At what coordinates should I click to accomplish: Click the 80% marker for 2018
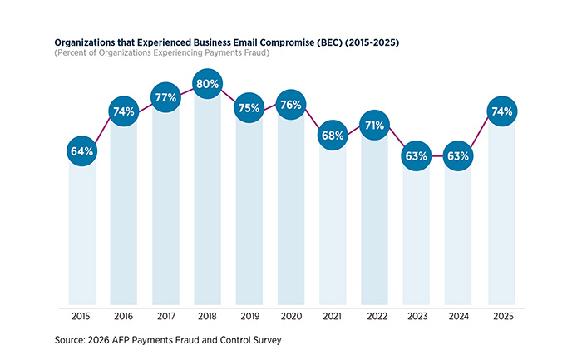tap(208, 84)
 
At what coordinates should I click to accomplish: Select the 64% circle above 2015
tap(82, 151)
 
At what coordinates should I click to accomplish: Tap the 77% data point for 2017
tap(166, 96)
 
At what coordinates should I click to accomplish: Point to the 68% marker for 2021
tap(333, 135)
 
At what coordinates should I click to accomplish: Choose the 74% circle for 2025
tap(501, 111)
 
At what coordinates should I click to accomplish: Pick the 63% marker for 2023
tap(417, 155)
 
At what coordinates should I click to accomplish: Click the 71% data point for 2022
tap(375, 126)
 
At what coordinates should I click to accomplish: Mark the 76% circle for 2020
tap(292, 105)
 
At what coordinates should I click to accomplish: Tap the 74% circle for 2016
tap(125, 111)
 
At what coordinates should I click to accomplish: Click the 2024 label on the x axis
tap(458, 316)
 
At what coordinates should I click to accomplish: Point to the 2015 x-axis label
tap(82, 316)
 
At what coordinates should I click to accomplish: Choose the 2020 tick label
tap(292, 316)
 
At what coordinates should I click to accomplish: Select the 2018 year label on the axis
tap(208, 316)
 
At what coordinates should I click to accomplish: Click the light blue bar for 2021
tap(333, 233)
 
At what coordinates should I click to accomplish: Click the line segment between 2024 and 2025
tap(480, 133)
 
